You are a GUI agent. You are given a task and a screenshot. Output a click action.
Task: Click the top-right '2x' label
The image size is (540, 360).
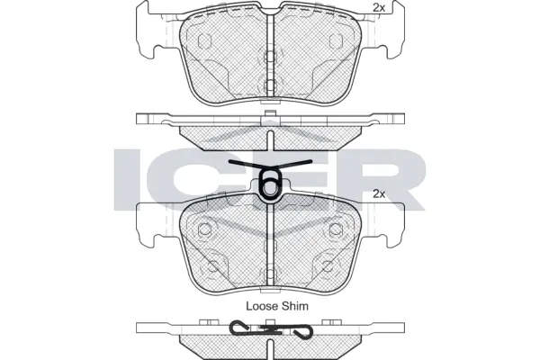(379, 8)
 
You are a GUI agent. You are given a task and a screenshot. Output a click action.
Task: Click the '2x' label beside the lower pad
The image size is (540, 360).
(379, 193)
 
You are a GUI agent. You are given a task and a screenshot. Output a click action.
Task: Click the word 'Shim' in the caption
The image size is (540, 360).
(293, 307)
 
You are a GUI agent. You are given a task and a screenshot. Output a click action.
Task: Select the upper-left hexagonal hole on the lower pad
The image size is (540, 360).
(206, 226)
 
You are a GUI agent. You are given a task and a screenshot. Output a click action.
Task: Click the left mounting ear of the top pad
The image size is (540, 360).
(148, 36)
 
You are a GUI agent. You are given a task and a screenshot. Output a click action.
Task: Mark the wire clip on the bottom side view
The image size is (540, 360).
(269, 330)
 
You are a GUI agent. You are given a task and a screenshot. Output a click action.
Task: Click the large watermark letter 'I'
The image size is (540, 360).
(130, 176)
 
